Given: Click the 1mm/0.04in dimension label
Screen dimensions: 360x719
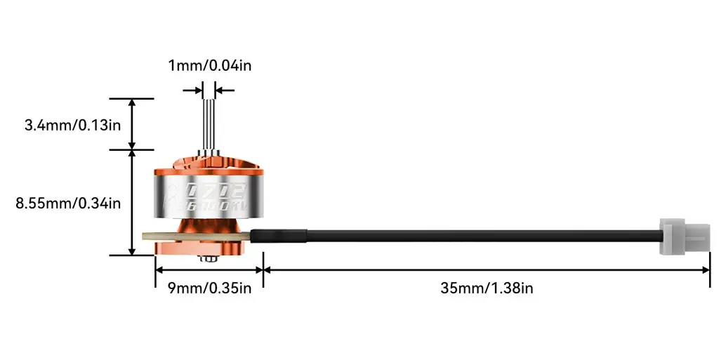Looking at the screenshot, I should (x=209, y=66).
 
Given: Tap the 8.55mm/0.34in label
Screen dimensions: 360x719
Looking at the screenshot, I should (x=69, y=204).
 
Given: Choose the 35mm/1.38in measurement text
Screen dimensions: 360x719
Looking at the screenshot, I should (x=487, y=288).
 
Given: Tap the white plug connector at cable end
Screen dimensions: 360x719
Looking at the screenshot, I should (x=684, y=236).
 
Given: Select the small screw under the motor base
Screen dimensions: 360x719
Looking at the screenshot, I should (x=208, y=260).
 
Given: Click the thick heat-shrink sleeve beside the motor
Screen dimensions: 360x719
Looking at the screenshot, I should (x=278, y=236).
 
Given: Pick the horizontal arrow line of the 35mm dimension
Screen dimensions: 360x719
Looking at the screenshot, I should (x=487, y=269).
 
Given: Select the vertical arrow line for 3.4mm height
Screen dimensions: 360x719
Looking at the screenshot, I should (x=132, y=124).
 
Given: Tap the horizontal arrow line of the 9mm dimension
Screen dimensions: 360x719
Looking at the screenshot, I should (x=209, y=269).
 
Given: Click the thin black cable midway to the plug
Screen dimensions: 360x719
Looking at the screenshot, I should (x=484, y=236).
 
